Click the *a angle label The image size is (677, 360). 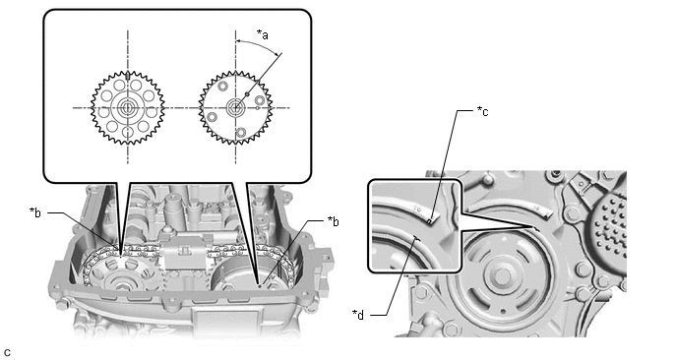(263, 34)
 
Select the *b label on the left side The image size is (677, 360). (35, 212)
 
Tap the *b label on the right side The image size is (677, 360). (333, 221)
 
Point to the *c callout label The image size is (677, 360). (483, 111)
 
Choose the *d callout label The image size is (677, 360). (358, 315)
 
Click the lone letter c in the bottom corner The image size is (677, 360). (7, 353)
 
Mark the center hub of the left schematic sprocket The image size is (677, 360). (127, 107)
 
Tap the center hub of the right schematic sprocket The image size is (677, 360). (235, 107)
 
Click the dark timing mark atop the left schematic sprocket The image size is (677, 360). (128, 76)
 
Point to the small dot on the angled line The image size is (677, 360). (247, 93)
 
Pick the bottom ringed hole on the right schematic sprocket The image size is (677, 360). (241, 132)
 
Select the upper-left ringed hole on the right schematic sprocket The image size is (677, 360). (222, 87)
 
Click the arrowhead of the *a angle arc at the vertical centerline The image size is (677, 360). (238, 41)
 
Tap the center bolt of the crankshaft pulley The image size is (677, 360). (502, 275)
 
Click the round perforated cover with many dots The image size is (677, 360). (610, 225)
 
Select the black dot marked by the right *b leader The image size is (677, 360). (259, 285)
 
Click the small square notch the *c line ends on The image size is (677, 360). (430, 221)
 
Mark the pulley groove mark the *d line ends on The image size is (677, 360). (415, 237)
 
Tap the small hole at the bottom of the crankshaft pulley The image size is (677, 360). (502, 310)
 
